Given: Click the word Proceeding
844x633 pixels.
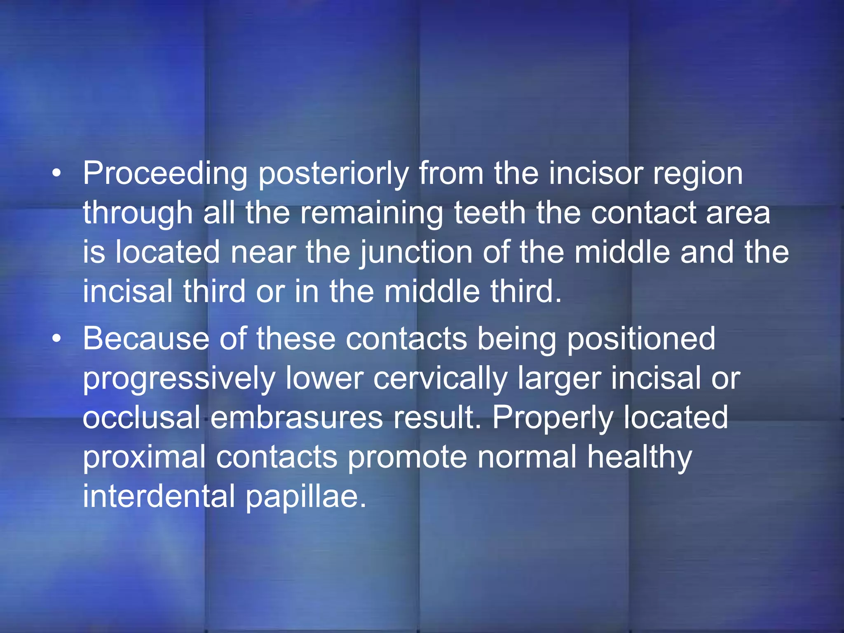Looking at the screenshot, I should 165,174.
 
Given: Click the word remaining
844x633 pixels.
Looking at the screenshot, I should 371,213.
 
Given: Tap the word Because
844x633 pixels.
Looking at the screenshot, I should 146,339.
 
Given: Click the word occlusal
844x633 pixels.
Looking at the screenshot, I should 141,418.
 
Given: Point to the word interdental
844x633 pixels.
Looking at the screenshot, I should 159,496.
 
